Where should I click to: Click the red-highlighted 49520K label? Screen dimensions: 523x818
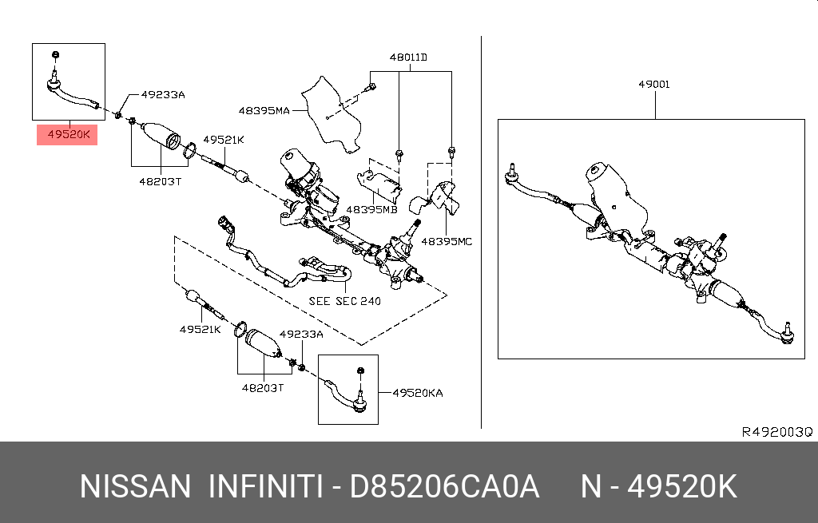[67, 136]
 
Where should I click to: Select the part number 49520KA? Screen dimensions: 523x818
[417, 393]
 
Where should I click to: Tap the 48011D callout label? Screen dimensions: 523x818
[408, 57]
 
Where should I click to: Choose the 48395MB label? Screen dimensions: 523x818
[371, 209]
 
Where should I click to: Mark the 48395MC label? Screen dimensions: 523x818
[447, 240]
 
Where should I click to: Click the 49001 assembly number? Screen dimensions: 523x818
[653, 84]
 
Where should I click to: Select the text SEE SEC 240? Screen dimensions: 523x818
[344, 301]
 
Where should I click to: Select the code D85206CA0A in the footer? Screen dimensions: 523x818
[445, 486]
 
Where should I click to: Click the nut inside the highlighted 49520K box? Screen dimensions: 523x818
[54, 54]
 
